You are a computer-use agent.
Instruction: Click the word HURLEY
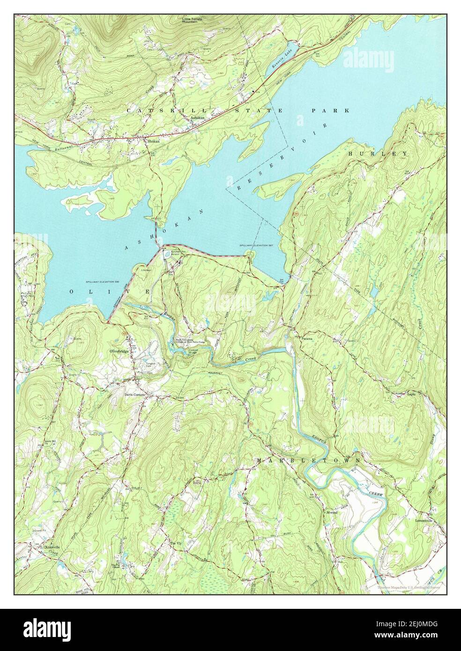coord(378,154)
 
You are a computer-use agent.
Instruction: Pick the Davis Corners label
coord(135,394)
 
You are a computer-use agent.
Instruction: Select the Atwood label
coord(332,512)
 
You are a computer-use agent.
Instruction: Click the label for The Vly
coord(175,543)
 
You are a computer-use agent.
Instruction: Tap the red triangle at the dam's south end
coord(108,322)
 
